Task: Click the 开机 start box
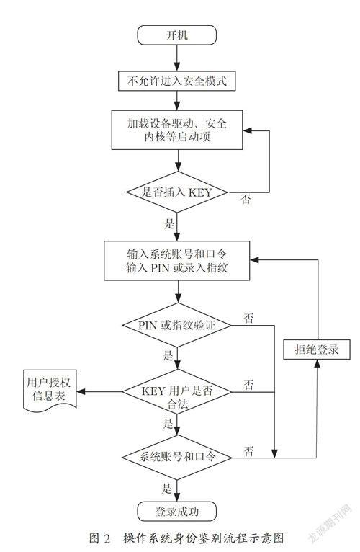[x=176, y=35]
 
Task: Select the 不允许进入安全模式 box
[x=176, y=81]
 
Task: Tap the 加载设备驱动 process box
[x=177, y=130]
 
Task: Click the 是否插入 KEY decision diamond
[x=177, y=192]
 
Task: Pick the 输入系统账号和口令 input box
[x=176, y=261]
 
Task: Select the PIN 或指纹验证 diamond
[x=176, y=325]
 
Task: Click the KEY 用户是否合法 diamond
[x=176, y=391]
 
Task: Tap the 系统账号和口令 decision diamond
[x=176, y=458]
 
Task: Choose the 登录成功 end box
[x=176, y=511]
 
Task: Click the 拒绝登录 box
[x=317, y=350]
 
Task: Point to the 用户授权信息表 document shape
[x=50, y=390]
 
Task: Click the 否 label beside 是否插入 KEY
[x=246, y=200]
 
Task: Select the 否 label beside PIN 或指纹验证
[x=249, y=319]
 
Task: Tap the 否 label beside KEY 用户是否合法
[x=249, y=385]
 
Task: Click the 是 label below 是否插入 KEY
[x=169, y=223]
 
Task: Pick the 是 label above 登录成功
[x=167, y=489]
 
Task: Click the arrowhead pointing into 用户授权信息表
[x=81, y=391]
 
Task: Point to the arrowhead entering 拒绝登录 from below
[x=317, y=364]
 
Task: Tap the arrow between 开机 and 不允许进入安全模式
[x=177, y=58]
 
